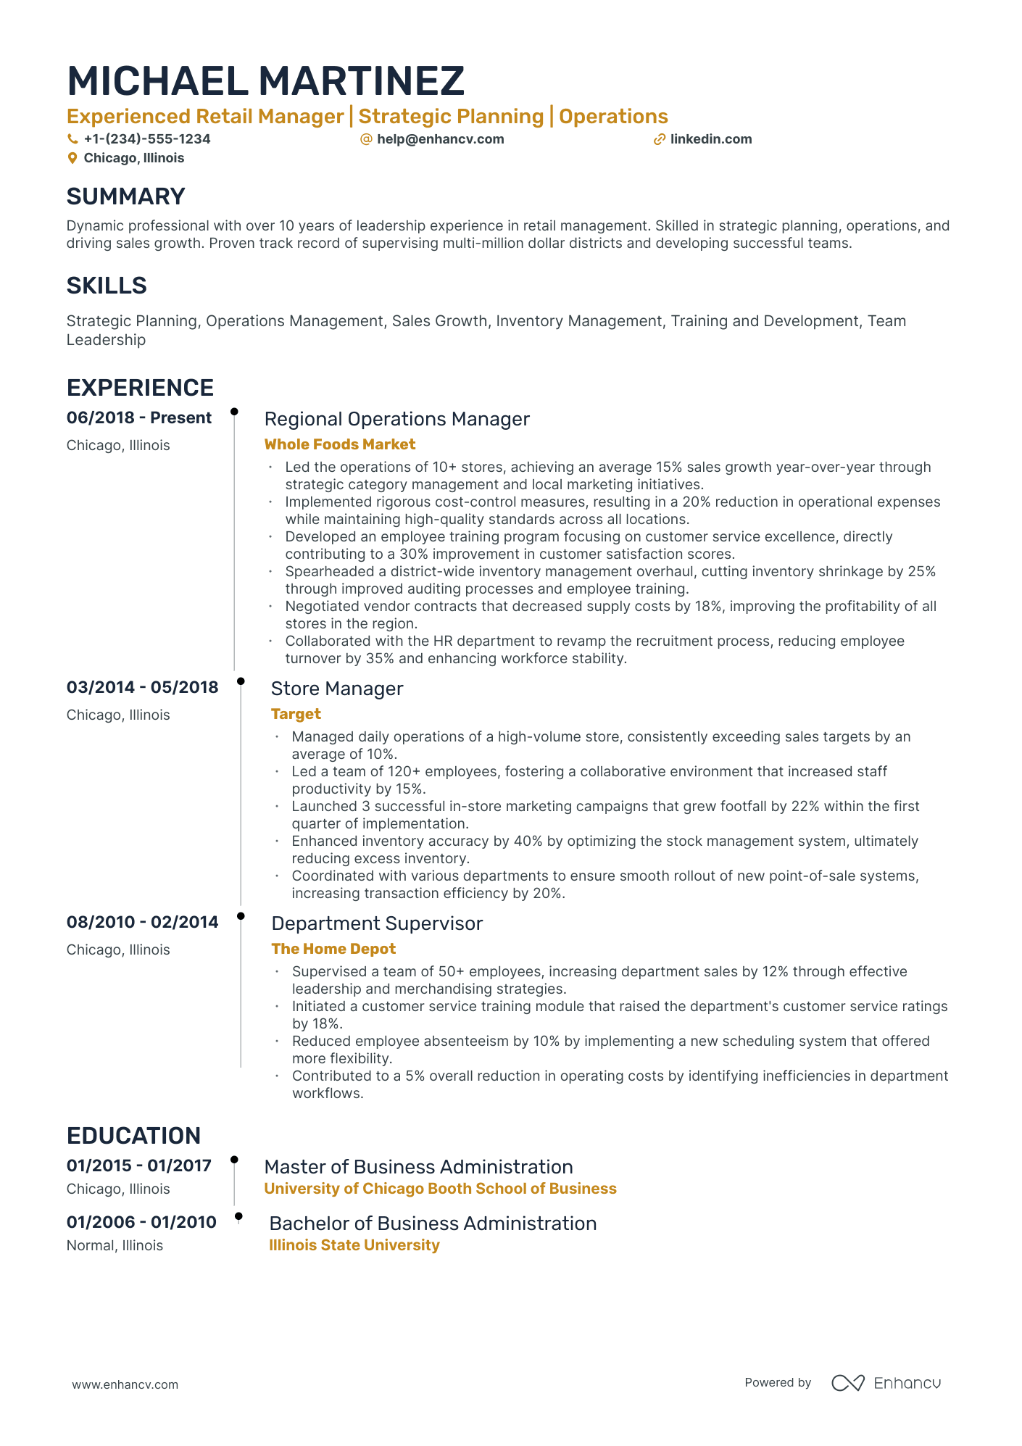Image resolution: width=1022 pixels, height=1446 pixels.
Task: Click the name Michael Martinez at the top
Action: [x=265, y=80]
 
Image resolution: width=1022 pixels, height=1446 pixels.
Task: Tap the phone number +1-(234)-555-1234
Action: [x=146, y=139]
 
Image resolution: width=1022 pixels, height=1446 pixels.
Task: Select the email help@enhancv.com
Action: [x=440, y=139]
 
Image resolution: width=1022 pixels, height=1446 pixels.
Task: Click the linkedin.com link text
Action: [x=710, y=139]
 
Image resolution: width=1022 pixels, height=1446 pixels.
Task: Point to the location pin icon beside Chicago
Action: [x=72, y=158]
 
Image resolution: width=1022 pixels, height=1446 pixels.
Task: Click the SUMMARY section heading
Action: [x=125, y=196]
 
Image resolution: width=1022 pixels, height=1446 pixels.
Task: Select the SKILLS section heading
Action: [x=107, y=286]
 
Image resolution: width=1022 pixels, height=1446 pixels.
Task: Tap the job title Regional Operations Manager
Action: [x=396, y=419]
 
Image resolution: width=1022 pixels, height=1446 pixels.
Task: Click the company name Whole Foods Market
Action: [x=339, y=444]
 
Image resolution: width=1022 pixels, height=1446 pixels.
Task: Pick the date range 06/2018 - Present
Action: [x=139, y=417]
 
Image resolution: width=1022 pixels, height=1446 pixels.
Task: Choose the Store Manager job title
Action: [x=336, y=689]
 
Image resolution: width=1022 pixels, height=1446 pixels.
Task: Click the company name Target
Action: [x=296, y=714]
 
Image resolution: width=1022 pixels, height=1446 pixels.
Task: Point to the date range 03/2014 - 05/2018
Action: [x=142, y=687]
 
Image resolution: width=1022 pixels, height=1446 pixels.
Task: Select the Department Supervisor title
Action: [x=377, y=923]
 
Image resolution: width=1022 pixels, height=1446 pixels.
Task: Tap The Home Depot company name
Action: [x=333, y=949]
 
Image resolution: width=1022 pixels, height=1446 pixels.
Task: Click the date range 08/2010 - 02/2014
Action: [x=142, y=922]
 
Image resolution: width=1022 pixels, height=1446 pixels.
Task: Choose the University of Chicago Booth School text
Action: [x=440, y=1189]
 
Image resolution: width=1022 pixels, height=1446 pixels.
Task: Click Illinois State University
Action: [x=354, y=1245]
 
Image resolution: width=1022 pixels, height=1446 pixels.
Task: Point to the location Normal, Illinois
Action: [x=115, y=1245]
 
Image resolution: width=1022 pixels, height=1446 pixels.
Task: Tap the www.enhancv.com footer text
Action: [x=125, y=1384]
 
